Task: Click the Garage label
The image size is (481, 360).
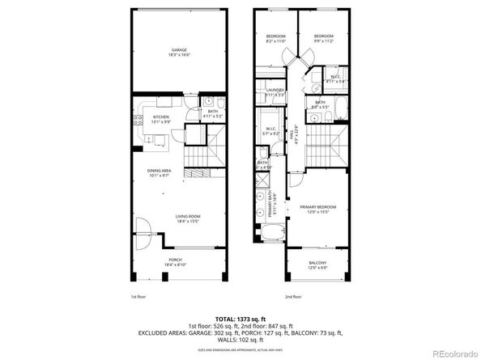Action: (x=178, y=52)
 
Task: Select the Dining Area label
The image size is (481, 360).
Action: (x=159, y=172)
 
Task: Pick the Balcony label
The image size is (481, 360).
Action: (x=318, y=264)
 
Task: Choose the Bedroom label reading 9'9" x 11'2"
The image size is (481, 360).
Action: (x=324, y=38)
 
